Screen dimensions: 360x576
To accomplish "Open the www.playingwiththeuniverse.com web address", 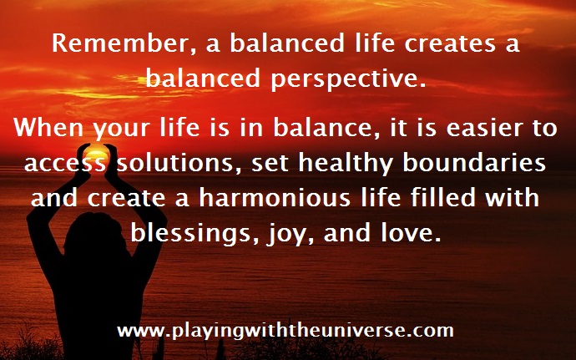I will tap(285, 330).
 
